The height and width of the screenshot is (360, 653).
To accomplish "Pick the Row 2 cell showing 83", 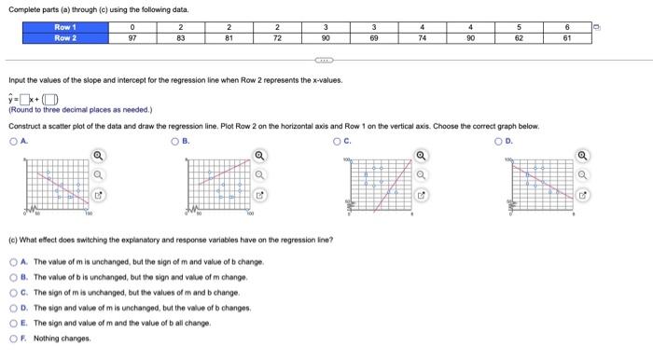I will tap(181, 38).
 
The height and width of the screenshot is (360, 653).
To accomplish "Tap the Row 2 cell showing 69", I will tap(373, 38).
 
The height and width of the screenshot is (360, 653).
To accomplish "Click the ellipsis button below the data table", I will tap(326, 59).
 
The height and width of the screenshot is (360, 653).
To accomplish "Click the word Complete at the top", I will tap(22, 8).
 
